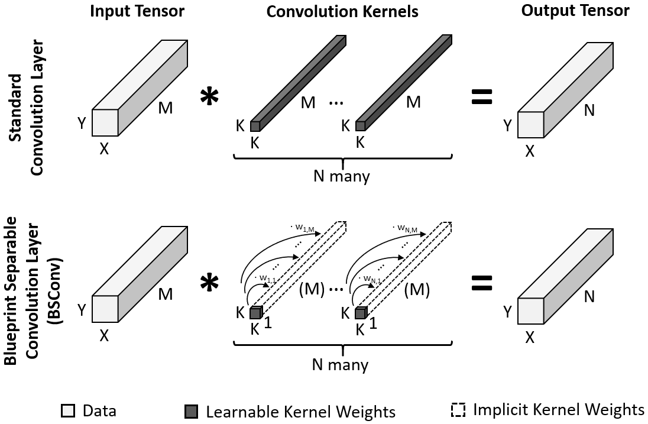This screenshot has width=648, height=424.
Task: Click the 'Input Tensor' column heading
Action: pos(137,11)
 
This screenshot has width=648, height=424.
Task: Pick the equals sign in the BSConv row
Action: pos(482,284)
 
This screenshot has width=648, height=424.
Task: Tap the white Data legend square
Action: pos(68,410)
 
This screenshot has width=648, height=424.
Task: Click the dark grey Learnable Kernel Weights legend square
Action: pos(190,410)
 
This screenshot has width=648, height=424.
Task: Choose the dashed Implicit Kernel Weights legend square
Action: pos(458,410)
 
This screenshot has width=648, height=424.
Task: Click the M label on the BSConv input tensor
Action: pos(165,293)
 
